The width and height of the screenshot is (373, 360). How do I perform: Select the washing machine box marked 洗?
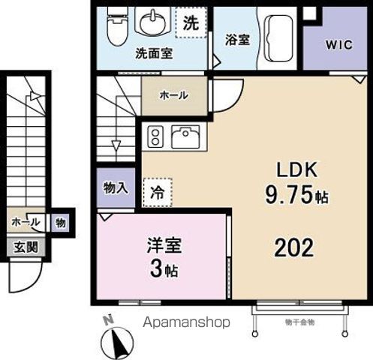(191, 23)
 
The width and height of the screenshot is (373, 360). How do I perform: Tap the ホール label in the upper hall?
(174, 95)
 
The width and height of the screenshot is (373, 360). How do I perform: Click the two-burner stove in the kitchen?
(157, 136)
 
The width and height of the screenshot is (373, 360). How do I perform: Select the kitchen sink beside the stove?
(184, 136)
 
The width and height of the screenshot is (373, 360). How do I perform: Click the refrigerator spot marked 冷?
(158, 190)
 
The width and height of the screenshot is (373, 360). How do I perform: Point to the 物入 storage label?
(115, 189)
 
